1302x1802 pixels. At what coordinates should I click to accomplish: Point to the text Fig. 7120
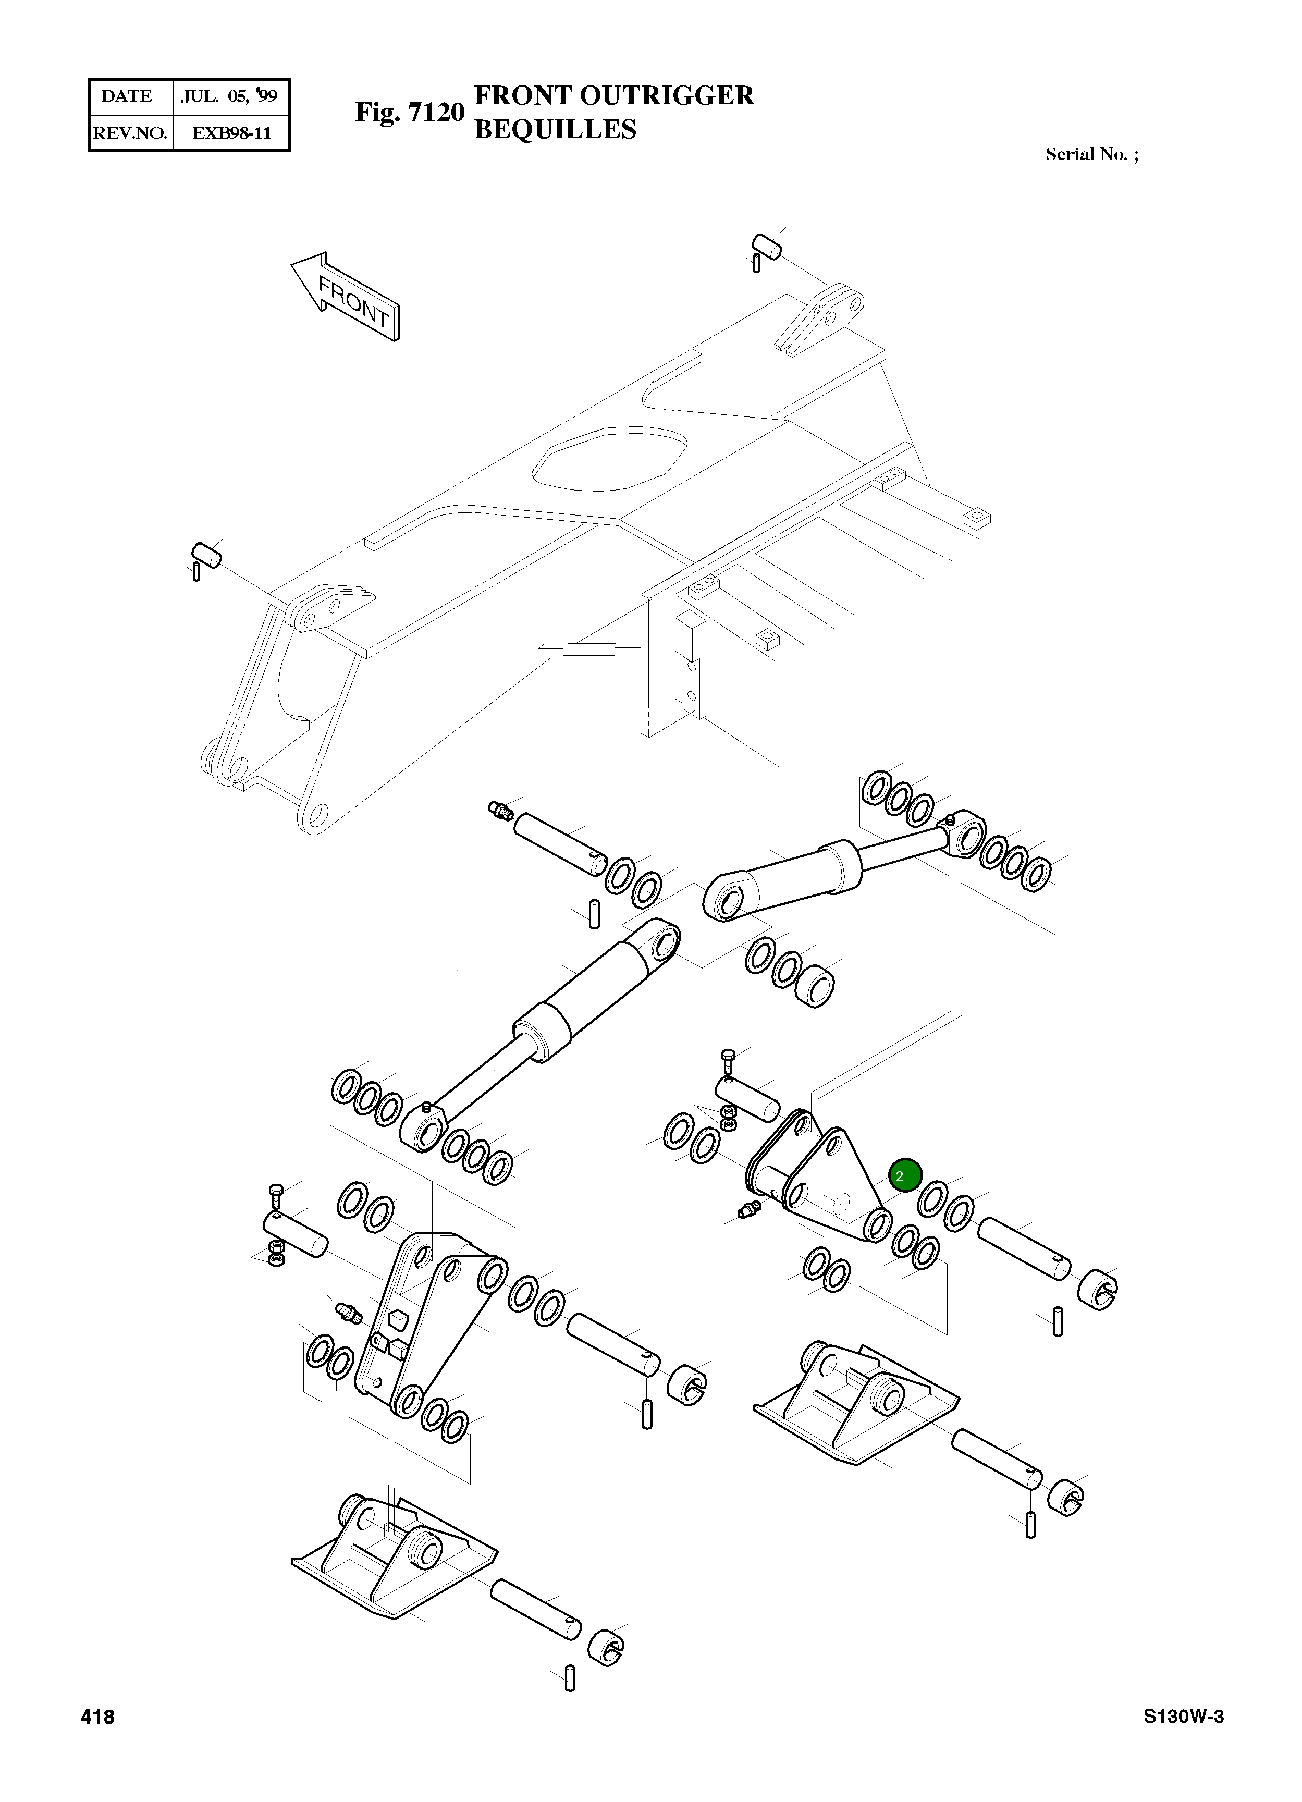click(x=409, y=112)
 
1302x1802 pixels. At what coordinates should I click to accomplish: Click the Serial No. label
click(x=1091, y=154)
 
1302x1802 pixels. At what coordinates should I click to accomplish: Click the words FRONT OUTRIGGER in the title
click(x=613, y=95)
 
